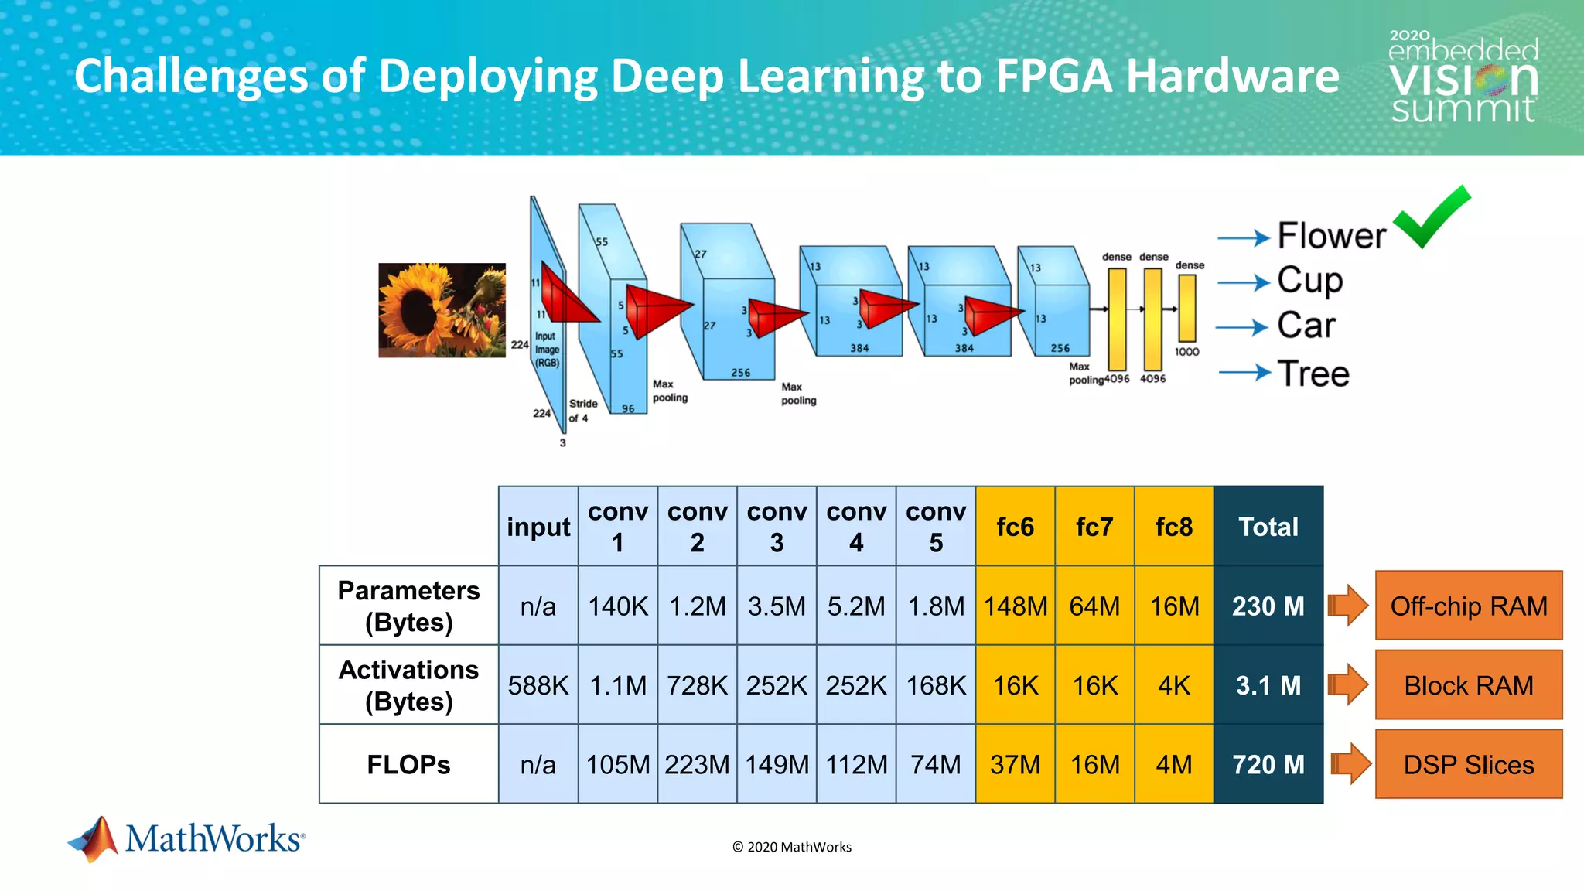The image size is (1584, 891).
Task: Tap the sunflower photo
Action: (442, 310)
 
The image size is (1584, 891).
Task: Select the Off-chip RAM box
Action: (1468, 606)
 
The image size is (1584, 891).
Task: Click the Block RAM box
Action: (1468, 685)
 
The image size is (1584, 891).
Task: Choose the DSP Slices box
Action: (1468, 764)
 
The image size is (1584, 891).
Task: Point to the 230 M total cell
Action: (1268, 606)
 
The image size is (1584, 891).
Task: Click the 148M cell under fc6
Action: (1015, 606)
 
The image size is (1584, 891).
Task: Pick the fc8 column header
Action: (1173, 527)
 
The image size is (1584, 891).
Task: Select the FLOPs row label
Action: (408, 764)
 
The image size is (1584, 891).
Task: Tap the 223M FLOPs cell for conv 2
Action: (697, 764)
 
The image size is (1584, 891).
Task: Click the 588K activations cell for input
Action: (538, 685)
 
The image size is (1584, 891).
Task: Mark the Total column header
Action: (1268, 527)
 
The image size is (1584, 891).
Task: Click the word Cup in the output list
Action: (1309, 281)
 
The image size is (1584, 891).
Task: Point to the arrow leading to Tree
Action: (1244, 374)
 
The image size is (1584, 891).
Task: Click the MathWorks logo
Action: (186, 838)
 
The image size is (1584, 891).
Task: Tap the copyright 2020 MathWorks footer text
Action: (791, 847)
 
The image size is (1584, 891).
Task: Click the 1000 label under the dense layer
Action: (1186, 352)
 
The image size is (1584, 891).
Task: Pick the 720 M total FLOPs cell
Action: (1268, 764)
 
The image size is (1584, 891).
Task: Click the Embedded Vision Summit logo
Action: (1463, 77)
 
